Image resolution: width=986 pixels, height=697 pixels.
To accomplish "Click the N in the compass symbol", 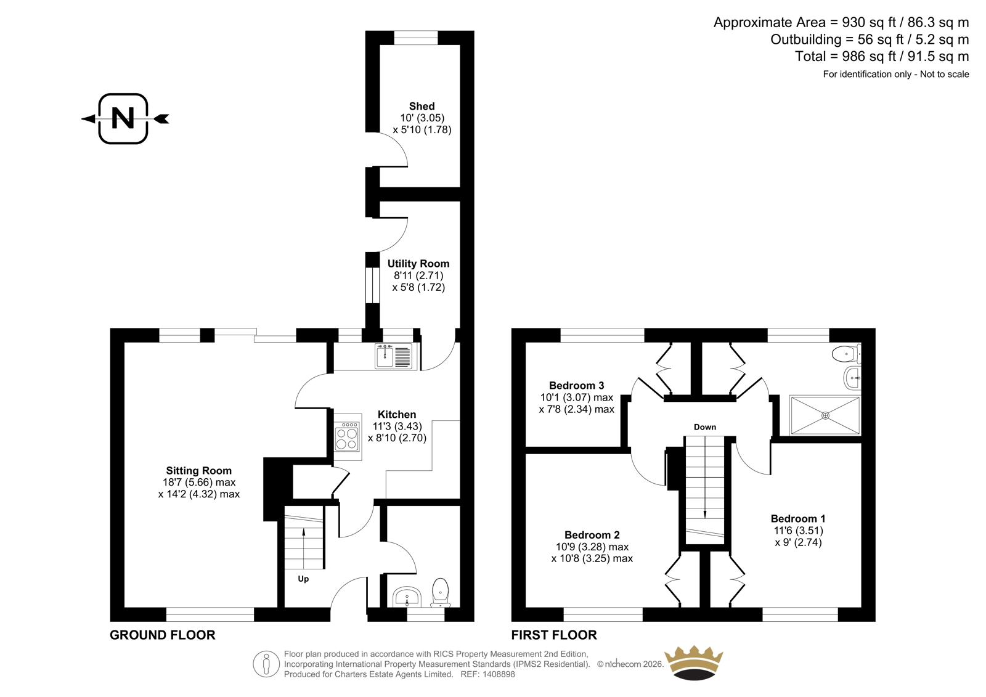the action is tap(123, 118).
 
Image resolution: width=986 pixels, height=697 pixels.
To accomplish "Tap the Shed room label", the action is tap(422, 106).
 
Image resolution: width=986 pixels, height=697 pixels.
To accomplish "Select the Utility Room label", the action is tap(418, 264).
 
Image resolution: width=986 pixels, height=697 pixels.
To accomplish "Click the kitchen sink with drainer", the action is tap(394, 356).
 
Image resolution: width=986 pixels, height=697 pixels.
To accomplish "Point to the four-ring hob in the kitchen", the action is tap(347, 437).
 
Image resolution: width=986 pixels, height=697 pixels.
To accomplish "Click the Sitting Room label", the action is tap(198, 471).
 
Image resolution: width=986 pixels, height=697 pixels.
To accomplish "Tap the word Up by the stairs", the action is tap(303, 579).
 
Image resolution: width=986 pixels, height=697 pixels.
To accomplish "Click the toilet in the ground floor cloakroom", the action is tap(440, 592).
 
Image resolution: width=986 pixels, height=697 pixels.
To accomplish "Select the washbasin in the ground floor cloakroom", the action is tap(407, 597).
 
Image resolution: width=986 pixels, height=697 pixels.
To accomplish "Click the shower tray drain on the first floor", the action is tap(825, 415).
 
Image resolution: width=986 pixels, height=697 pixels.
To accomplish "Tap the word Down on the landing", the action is tap(705, 427).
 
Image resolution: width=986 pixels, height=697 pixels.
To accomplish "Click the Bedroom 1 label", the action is tap(798, 519).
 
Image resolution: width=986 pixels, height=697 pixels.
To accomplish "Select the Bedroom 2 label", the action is tap(592, 535).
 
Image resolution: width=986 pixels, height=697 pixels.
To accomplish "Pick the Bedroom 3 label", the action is tap(577, 386).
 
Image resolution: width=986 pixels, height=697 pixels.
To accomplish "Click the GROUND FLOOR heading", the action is tap(163, 635).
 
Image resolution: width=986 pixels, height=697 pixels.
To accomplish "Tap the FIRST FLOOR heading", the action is tap(554, 635).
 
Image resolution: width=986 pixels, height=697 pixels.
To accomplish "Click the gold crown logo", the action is tap(694, 662).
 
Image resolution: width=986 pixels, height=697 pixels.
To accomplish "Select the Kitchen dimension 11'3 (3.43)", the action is tap(397, 426).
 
